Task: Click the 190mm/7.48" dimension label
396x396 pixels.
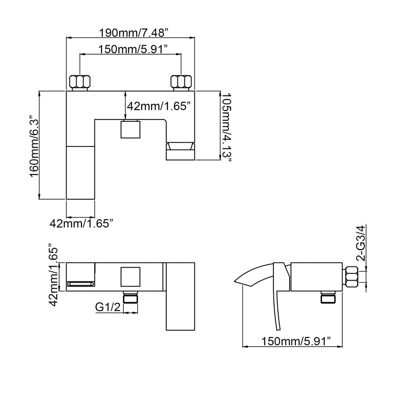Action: coord(133,32)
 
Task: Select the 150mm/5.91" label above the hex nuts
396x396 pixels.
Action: coord(133,49)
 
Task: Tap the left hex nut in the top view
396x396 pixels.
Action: coord(80,81)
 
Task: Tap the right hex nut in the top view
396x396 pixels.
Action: coord(181,81)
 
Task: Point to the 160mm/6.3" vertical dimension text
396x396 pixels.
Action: coord(34,147)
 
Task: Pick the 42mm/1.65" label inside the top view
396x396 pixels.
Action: coord(158,106)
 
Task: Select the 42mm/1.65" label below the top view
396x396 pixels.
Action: coord(81,224)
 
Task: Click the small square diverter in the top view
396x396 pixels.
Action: coord(130,130)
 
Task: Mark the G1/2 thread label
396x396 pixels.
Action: coord(108,307)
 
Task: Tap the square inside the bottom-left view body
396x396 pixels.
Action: coord(130,277)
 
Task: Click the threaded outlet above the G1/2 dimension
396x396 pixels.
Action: coord(131,297)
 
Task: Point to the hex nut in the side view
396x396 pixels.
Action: coord(351,277)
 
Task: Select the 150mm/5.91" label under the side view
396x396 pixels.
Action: coord(296,341)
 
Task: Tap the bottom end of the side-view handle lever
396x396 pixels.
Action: coord(278,330)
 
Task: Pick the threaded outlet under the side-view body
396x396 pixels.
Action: coord(328,297)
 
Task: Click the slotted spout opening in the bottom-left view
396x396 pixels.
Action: coord(80,284)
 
